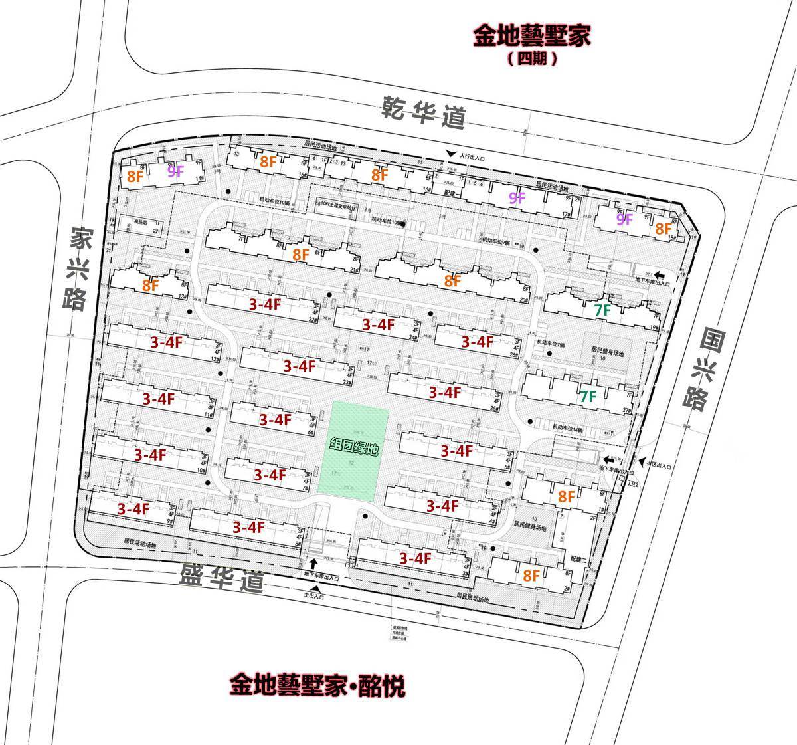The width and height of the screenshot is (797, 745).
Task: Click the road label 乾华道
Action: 423,113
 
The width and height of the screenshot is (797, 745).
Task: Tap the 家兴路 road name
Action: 76,269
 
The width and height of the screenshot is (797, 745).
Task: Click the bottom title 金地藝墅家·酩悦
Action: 318,685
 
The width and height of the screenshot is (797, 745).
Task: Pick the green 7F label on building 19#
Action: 602,310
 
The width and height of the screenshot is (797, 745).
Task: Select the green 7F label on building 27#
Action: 587,397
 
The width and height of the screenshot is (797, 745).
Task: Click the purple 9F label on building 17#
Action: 517,197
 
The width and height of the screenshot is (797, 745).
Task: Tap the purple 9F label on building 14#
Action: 175,171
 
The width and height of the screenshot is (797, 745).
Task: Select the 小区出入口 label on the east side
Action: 655,467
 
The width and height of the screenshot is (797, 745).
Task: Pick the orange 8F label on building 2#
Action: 531,576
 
